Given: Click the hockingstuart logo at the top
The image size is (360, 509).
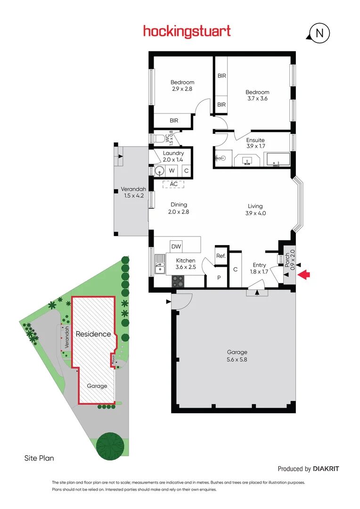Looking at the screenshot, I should (x=187, y=32).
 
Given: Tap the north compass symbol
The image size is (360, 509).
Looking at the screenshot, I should (x=319, y=33).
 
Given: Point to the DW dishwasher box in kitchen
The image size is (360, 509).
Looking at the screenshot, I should (x=176, y=246).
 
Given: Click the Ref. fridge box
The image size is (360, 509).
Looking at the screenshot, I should (x=221, y=256).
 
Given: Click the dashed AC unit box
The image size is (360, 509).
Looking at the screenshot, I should (x=174, y=184).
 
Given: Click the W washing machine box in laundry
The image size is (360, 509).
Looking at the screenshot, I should (x=172, y=171).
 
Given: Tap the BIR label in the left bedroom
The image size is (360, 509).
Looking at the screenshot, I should (x=174, y=121).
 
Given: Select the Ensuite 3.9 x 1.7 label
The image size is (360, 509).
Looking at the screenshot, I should (x=255, y=143).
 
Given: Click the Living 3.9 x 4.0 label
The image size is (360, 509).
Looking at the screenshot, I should (x=255, y=209).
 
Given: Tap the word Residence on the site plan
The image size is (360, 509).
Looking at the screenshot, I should (x=93, y=334).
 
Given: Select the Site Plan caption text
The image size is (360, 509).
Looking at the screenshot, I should (x=39, y=458).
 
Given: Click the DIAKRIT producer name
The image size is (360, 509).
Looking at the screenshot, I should (x=326, y=468).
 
